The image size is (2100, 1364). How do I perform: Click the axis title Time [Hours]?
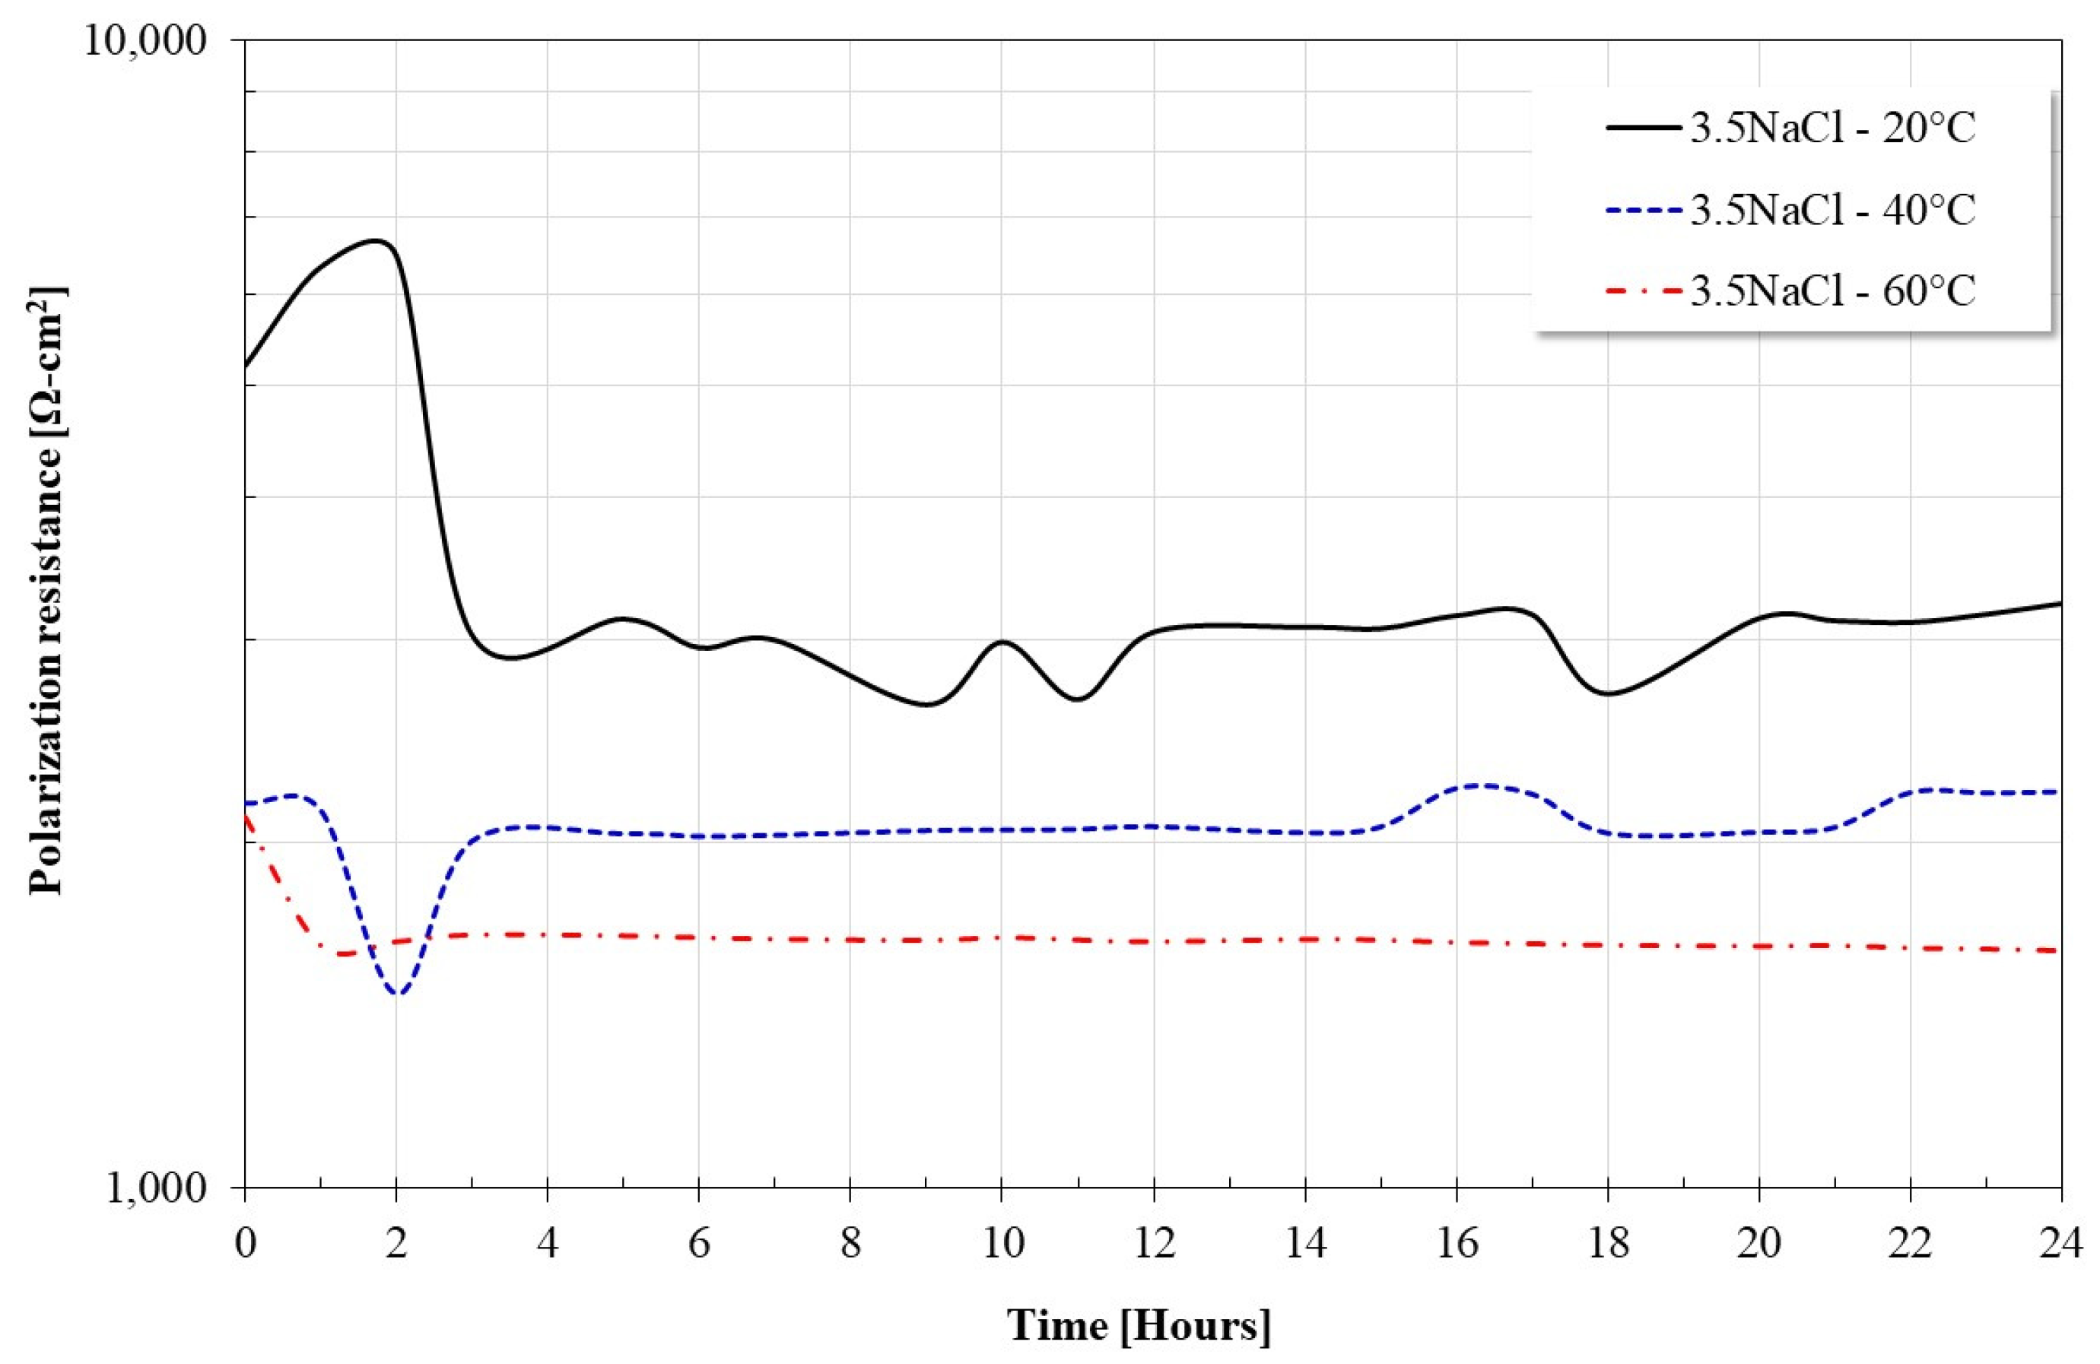[1139, 1327]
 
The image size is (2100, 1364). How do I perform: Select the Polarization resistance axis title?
[49, 590]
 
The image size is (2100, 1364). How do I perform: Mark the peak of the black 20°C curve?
[378, 240]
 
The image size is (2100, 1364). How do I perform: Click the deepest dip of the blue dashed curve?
[398, 994]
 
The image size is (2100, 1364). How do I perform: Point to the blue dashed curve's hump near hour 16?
[1482, 785]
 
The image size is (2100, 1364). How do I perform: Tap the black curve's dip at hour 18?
[1608, 693]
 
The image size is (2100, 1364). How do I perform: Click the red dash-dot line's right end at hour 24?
[2060, 950]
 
